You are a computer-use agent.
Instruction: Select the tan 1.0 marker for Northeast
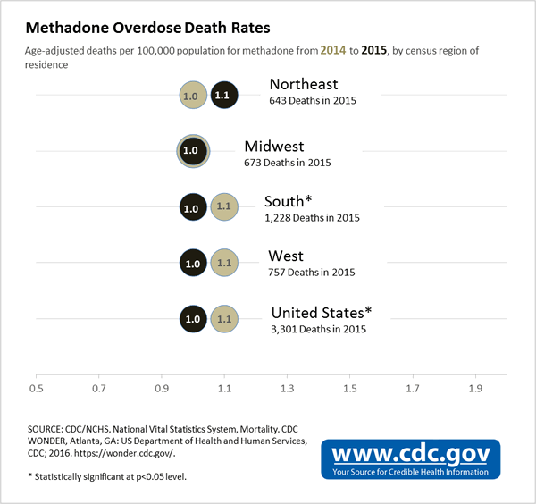190,94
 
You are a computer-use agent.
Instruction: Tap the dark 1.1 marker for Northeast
223,94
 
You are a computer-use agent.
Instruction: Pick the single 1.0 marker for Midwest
190,150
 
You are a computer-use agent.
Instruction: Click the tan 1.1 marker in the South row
223,207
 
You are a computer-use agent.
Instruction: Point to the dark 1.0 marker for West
191,263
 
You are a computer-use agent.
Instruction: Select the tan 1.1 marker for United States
223,318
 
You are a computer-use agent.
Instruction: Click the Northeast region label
304,85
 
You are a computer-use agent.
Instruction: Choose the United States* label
321,313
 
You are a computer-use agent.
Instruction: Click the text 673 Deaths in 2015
287,163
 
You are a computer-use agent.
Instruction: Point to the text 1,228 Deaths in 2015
312,218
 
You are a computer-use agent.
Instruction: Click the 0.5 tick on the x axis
36,389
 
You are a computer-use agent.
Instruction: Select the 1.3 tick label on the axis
287,389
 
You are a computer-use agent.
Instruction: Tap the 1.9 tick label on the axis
475,389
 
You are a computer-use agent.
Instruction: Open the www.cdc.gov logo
411,458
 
